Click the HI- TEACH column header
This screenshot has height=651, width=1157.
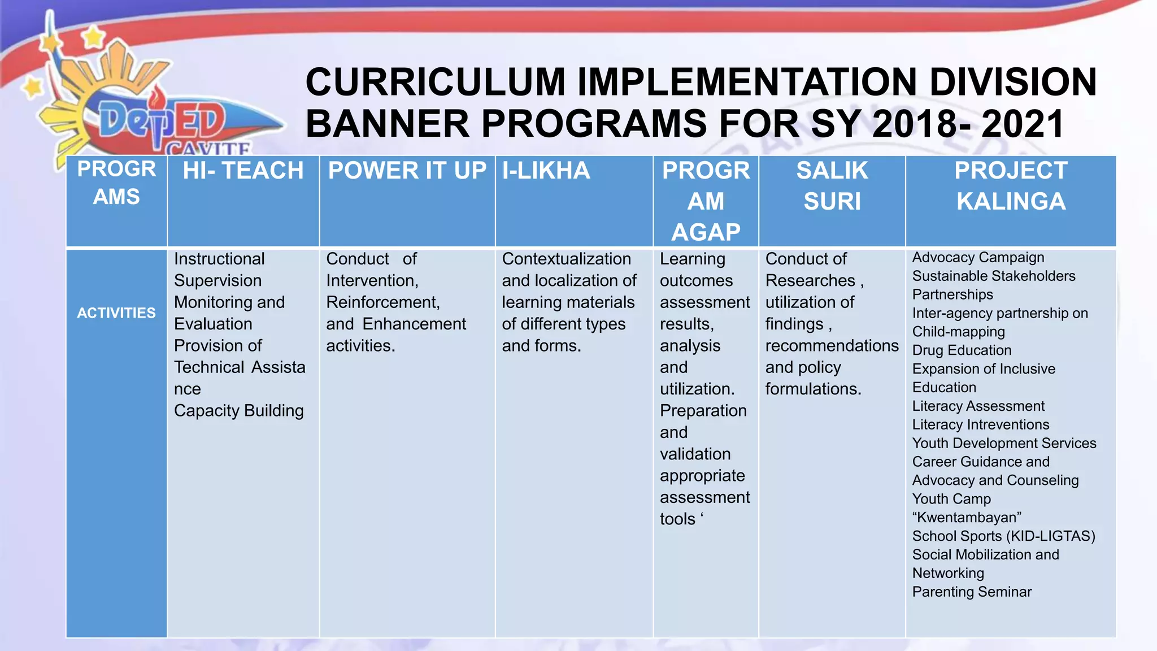tap(243, 171)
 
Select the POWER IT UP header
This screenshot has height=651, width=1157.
tap(407, 171)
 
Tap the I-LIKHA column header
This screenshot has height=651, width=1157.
tap(546, 171)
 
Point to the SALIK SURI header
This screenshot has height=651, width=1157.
tap(832, 186)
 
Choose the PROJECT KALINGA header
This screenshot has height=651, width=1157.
tap(1011, 186)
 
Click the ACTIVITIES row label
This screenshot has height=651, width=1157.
tap(116, 313)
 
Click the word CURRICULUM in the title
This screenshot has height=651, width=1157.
tap(435, 83)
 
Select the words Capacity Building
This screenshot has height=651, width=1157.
tap(238, 411)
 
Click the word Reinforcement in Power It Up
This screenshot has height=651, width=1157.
tap(382, 302)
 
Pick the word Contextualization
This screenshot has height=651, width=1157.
tap(566, 259)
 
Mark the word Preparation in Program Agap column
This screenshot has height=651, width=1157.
tap(703, 411)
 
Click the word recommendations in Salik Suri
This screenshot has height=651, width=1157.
tap(832, 346)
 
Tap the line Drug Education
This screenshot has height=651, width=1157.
tap(962, 350)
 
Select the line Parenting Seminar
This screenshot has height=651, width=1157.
tap(972, 592)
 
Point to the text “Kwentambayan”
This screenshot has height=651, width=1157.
tap(967, 518)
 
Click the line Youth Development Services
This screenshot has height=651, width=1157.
tap(1004, 443)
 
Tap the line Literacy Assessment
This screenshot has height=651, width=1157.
tap(978, 406)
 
